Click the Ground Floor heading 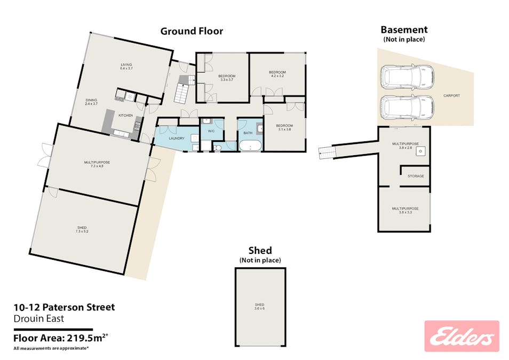click(x=192, y=31)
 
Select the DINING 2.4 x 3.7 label click(x=92, y=102)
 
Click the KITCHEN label click(x=125, y=115)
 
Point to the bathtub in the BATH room click(x=250, y=146)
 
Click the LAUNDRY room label click(x=177, y=138)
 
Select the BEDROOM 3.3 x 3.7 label click(x=227, y=78)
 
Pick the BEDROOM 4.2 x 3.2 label click(x=277, y=74)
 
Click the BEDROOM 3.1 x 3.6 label click(x=284, y=127)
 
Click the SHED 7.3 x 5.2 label click(x=82, y=229)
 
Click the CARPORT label click(x=451, y=96)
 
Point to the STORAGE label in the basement click(x=416, y=176)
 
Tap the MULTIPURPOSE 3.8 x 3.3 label click(x=405, y=210)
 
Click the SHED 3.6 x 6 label click(x=259, y=307)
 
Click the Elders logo click(x=462, y=336)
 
